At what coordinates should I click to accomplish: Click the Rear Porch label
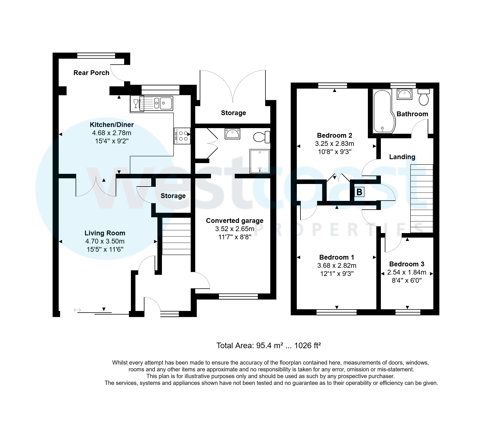91,73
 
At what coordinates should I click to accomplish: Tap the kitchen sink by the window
163,103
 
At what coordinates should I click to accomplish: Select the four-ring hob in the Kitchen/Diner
183,136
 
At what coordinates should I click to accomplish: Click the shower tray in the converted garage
260,161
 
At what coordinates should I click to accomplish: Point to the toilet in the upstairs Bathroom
424,97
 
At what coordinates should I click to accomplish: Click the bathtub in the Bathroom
383,111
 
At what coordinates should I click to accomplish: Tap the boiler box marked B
359,192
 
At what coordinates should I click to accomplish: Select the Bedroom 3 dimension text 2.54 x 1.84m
407,273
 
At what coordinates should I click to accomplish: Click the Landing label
402,157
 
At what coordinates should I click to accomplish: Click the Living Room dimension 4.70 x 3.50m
105,242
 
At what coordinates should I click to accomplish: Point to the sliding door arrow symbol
77,310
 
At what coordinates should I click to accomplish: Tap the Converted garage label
234,221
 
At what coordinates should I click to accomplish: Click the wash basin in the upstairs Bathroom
404,94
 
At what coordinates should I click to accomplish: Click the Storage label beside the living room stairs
173,196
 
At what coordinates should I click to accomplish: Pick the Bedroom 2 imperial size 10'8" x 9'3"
335,152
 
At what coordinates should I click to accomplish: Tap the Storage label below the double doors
233,113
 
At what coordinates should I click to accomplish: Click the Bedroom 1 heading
337,257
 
